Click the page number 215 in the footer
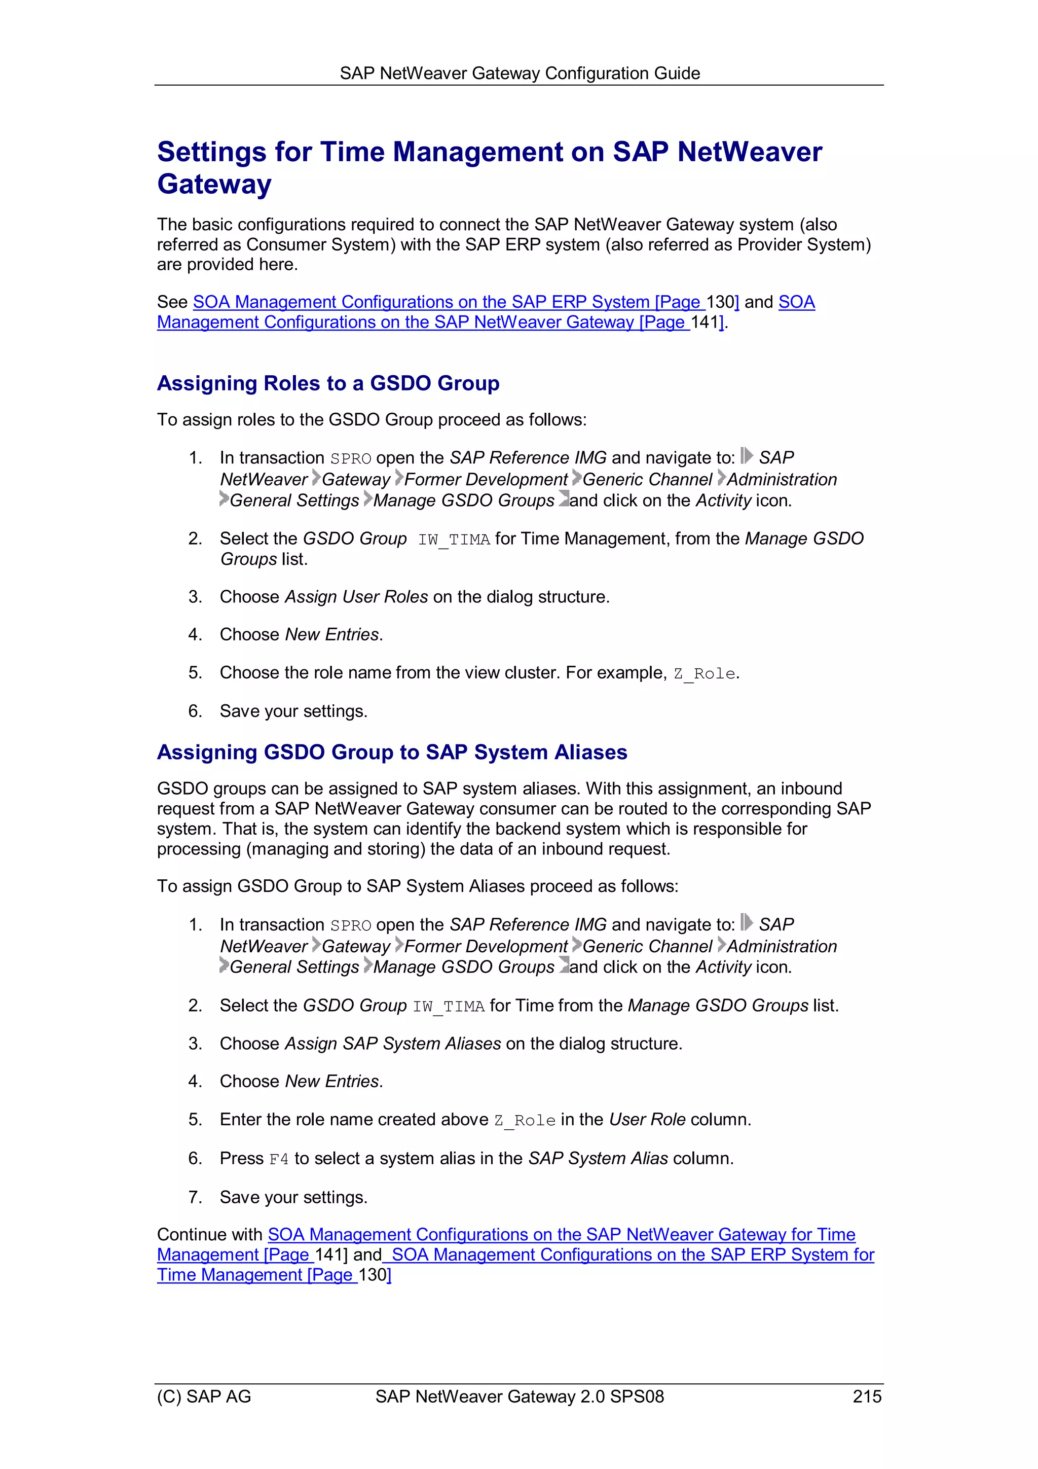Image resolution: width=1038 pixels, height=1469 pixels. point(867,1396)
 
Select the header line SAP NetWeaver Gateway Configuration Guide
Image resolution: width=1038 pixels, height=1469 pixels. point(520,73)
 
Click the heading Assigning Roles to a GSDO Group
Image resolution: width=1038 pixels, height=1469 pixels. point(328,383)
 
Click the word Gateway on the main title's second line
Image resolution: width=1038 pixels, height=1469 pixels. point(214,184)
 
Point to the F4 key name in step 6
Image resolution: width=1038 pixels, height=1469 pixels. point(279,1159)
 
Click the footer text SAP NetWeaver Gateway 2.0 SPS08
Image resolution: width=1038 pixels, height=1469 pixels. point(520,1396)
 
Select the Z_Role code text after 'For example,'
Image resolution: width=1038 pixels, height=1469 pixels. point(704,674)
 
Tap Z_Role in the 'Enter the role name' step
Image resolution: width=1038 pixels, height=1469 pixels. point(525,1120)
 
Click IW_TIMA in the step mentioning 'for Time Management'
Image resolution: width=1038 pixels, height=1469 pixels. point(454,540)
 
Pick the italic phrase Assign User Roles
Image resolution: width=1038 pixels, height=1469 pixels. point(356,596)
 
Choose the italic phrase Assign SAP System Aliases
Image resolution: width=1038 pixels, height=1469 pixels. point(393,1044)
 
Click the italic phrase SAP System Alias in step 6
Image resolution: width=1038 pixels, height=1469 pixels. point(598,1158)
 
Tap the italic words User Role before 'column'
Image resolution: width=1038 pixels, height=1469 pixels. point(647,1119)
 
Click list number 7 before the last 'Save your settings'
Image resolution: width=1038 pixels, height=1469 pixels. point(195,1197)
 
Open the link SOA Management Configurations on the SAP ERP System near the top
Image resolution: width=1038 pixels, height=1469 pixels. point(448,302)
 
